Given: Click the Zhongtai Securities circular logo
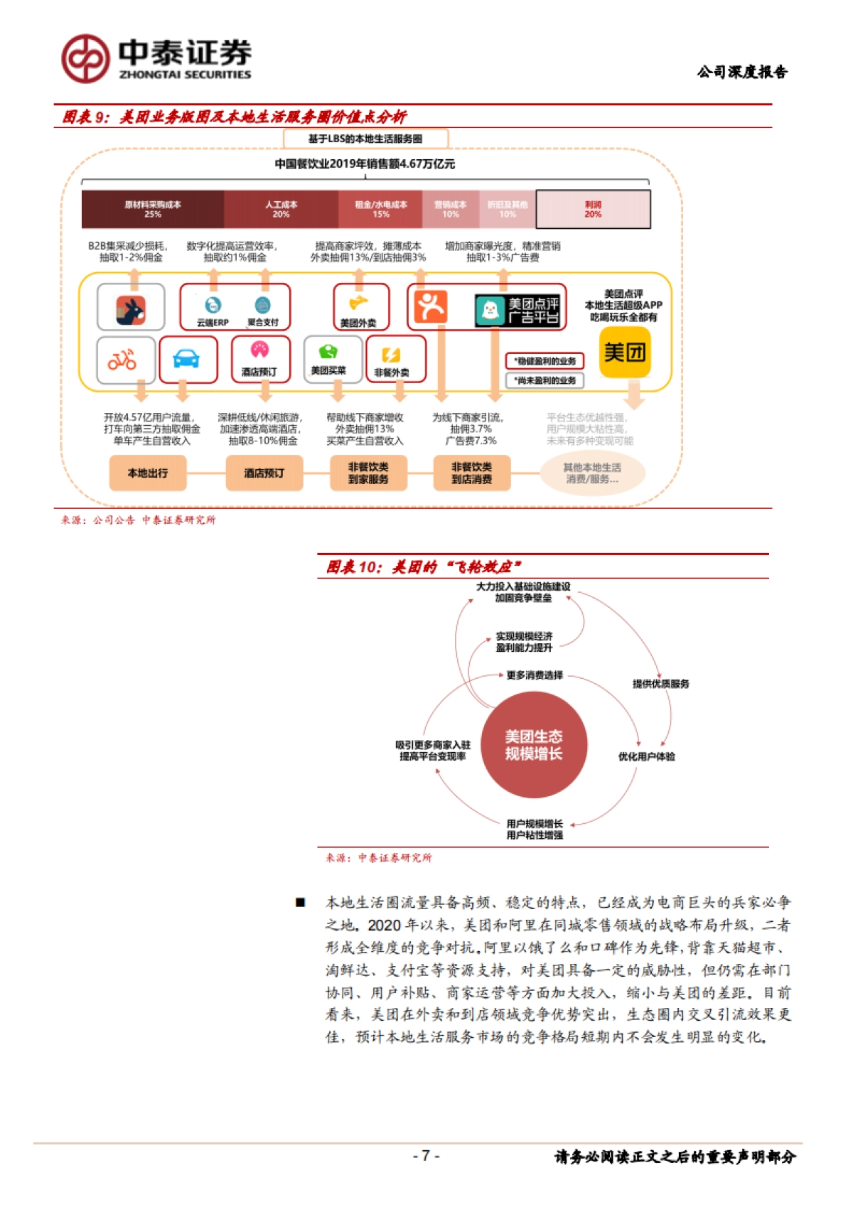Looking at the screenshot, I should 85,58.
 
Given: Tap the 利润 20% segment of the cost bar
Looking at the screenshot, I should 593,209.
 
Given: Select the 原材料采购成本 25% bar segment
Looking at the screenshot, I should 153,209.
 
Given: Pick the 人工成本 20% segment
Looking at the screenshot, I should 281,209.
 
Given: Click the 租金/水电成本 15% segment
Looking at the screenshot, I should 380,209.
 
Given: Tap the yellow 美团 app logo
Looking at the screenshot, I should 625,353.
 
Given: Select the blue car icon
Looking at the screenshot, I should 188,360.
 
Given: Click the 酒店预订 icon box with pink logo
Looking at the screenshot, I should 260,359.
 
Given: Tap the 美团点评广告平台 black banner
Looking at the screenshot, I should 519,311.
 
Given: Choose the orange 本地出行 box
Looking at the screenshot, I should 148,473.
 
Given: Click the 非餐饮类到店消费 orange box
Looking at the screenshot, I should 471,473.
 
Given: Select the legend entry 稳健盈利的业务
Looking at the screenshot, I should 544,361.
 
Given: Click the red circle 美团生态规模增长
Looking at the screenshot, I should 534,745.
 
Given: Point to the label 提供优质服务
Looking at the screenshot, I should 660,684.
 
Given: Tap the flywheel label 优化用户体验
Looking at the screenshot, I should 646,757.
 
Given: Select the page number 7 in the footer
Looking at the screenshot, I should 426,1156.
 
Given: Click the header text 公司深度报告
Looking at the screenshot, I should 741,72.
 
